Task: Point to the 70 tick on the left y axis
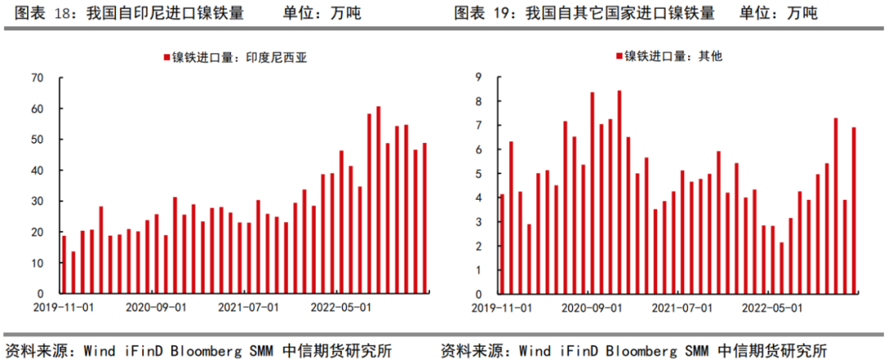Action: point(37,78)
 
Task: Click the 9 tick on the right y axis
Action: point(479,77)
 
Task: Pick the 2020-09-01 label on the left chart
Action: point(155,307)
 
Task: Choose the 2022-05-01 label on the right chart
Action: point(772,307)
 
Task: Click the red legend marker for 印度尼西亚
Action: point(165,58)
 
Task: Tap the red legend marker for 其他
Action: point(619,57)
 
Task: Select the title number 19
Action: point(503,13)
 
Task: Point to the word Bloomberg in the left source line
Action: point(204,348)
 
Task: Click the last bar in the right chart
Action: point(853,210)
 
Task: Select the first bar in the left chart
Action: point(64,265)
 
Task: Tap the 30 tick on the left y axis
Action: point(37,201)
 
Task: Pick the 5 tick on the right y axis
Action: point(479,174)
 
